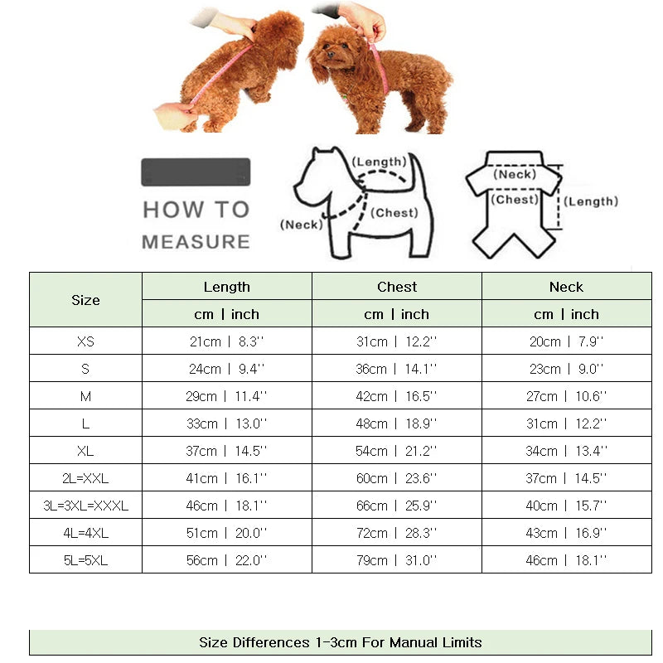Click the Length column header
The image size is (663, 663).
pos(226,287)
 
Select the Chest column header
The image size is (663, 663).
pos(397,287)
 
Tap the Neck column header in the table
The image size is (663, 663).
pos(566,287)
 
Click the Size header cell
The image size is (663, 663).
pos(85,300)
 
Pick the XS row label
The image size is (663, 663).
pos(85,341)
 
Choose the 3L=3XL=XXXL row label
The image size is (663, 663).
pos(85,506)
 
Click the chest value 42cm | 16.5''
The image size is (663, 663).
pos(397,396)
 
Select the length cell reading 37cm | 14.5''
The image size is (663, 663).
pos(226,451)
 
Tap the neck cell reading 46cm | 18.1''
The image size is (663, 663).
pos(566,560)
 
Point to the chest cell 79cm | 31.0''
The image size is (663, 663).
pos(397,560)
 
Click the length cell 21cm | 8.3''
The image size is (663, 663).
pos(226,341)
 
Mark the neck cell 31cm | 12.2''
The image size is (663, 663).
pos(566,423)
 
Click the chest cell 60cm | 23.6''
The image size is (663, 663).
pos(397,478)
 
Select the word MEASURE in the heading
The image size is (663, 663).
pos(196,242)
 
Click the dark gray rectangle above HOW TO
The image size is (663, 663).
pos(196,172)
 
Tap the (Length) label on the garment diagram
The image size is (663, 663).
pos(592,201)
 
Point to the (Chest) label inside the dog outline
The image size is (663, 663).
pos(394,213)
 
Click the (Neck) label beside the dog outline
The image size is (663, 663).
pos(301,225)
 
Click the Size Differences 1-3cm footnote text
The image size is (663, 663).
pos(340,642)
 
